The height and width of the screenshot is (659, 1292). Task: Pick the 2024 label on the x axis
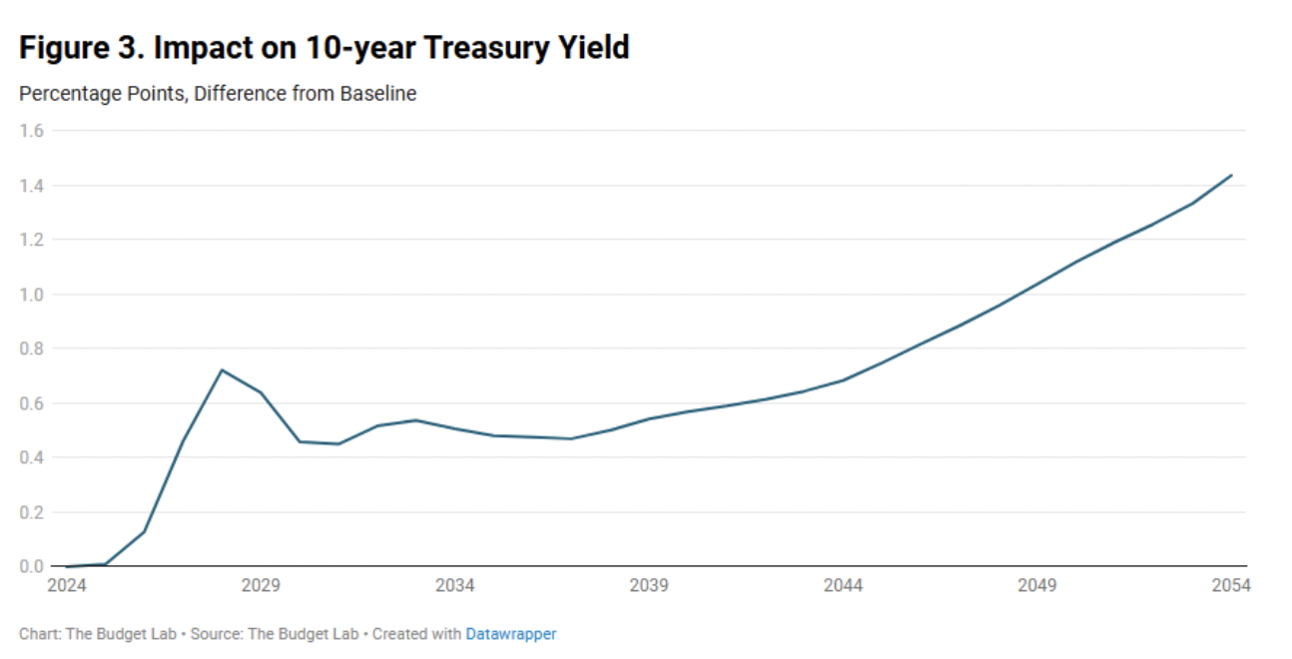point(66,585)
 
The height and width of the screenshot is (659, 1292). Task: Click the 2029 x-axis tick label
point(261,585)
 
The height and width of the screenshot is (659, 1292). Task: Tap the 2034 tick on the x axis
point(454,585)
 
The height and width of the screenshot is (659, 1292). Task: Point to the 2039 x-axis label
point(649,585)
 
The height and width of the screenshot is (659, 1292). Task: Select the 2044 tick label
point(843,585)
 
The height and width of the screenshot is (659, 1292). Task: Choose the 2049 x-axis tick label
point(1037,585)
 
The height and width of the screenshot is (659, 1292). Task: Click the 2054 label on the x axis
point(1231,585)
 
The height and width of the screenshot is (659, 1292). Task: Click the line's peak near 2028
point(222,369)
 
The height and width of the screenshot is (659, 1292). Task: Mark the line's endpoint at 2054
point(1232,175)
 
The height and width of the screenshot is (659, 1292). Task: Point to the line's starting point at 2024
point(66,566)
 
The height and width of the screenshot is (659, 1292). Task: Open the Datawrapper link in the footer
point(511,634)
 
